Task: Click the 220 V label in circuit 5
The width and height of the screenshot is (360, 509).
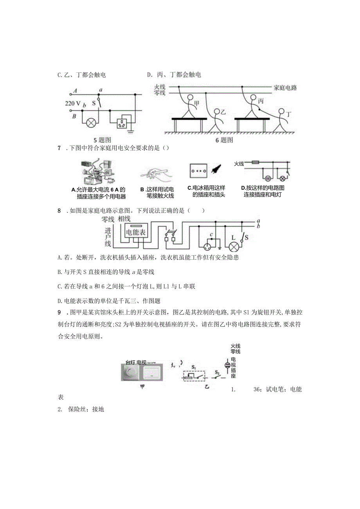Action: (73, 104)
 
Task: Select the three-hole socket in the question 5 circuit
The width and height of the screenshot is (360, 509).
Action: (122, 122)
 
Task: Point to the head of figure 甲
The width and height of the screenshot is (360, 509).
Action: (190, 98)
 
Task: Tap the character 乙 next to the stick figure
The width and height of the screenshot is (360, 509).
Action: (223, 112)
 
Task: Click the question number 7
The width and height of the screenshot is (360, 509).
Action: (59, 148)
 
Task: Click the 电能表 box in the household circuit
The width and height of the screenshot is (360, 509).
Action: (135, 232)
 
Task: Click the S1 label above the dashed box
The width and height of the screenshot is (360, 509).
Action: (194, 367)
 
